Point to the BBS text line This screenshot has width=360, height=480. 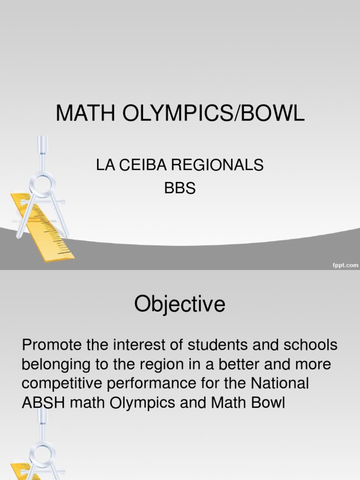(x=180, y=188)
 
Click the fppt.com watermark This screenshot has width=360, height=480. (x=345, y=265)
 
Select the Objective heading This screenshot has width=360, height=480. (x=180, y=305)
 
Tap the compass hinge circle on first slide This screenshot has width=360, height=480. (x=43, y=184)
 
